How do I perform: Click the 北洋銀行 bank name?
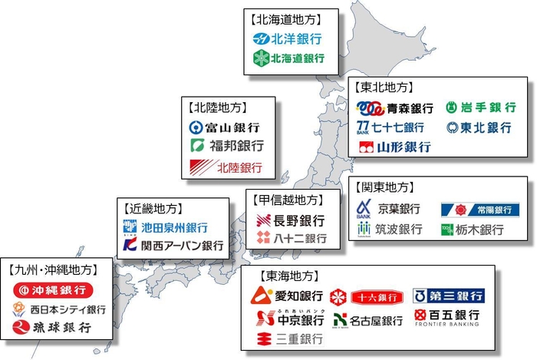coord(294,38)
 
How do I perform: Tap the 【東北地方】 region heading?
coord(385,88)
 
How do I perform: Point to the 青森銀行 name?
coord(410,108)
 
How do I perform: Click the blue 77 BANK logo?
coord(364,127)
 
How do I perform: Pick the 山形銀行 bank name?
coord(404,147)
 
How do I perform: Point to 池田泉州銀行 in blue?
coord(173,228)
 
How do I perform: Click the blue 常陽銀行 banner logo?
coord(475,210)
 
